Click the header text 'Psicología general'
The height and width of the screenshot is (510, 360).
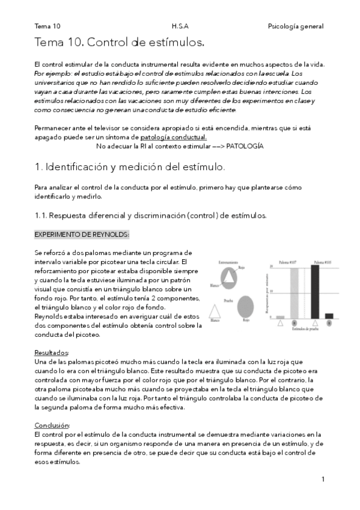[x=295, y=26]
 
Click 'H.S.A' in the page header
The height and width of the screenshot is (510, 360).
[x=179, y=26]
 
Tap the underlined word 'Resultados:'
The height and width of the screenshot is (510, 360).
[x=52, y=352]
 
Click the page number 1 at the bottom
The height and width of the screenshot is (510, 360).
[x=323, y=479]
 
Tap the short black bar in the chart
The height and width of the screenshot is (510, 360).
[x=329, y=315]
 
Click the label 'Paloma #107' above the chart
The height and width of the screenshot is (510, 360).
[x=288, y=262]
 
